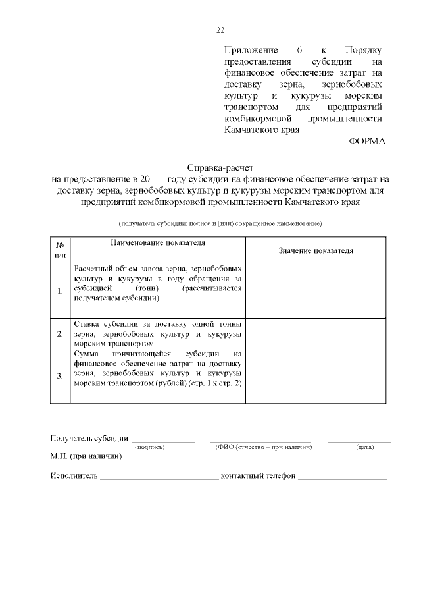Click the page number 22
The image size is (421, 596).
(x=220, y=30)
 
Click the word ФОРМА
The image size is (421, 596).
(x=366, y=141)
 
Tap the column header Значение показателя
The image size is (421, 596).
(x=316, y=250)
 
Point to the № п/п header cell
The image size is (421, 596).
(x=60, y=249)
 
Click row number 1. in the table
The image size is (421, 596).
(x=60, y=290)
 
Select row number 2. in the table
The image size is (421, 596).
(x=60, y=333)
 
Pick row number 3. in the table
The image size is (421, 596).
(x=60, y=375)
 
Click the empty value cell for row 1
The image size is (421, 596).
(x=316, y=290)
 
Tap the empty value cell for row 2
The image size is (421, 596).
(x=316, y=333)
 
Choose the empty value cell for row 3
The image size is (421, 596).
(x=316, y=375)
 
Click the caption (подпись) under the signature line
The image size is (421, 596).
(x=149, y=448)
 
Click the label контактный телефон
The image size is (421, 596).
(x=259, y=476)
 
